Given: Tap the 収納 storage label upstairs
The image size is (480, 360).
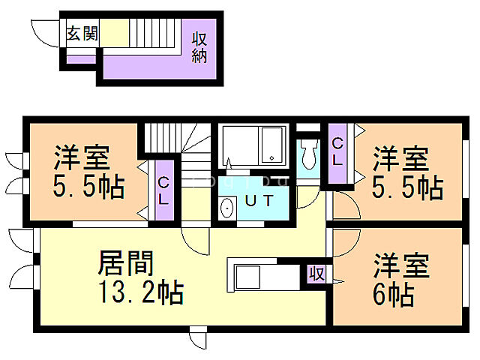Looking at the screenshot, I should pyautogui.click(x=199, y=47).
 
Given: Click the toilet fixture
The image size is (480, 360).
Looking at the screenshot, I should pyautogui.click(x=307, y=155).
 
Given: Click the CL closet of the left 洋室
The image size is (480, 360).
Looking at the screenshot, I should pyautogui.click(x=163, y=190).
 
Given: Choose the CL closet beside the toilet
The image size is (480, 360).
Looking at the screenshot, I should pyautogui.click(x=337, y=152).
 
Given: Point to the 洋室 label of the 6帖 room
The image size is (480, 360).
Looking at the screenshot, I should pyautogui.click(x=401, y=266).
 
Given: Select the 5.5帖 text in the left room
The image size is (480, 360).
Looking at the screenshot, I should pyautogui.click(x=88, y=187).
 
